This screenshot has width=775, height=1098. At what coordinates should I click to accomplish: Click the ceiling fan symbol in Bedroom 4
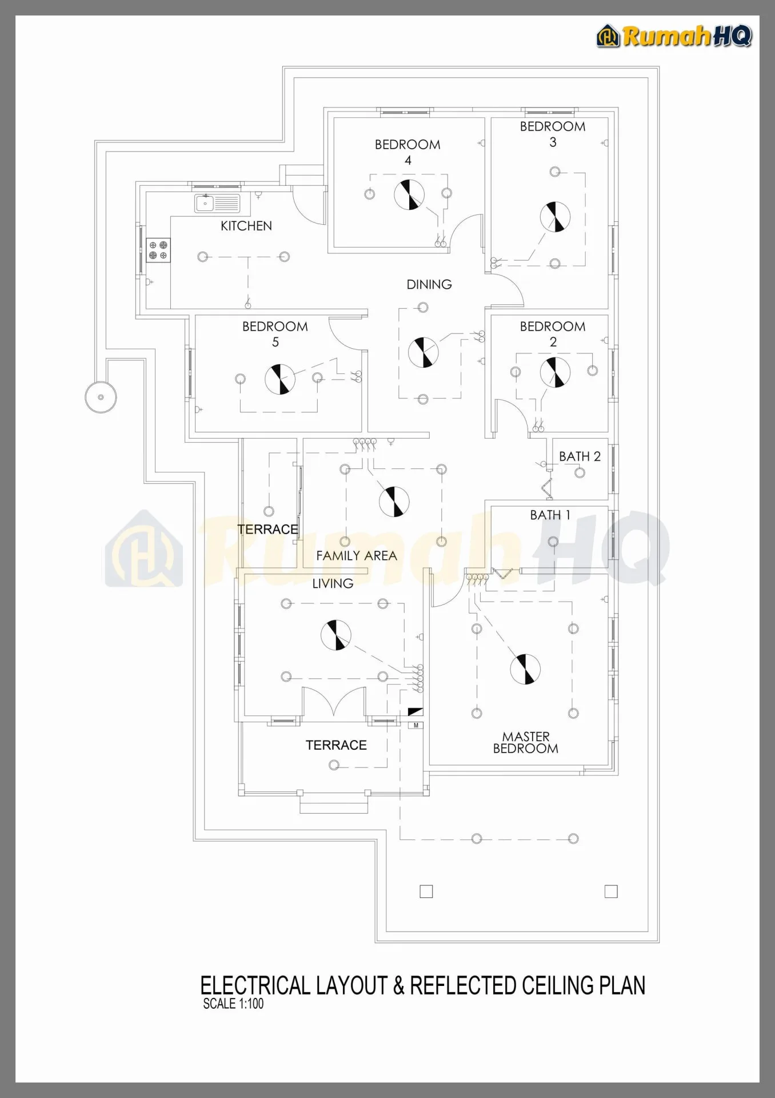(x=409, y=194)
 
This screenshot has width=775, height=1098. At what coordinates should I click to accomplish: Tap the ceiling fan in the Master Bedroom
(x=525, y=669)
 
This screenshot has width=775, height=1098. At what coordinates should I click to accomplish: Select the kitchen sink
(x=217, y=203)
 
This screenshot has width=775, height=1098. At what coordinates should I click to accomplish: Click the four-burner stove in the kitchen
(x=158, y=250)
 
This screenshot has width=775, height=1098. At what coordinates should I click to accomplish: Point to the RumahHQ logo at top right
(x=674, y=36)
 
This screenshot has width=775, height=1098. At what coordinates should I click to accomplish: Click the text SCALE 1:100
(x=233, y=1004)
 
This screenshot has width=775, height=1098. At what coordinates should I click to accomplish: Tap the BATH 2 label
(x=580, y=456)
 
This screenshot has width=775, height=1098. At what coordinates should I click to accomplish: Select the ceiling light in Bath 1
(x=553, y=542)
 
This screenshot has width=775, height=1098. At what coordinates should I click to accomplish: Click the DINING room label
(x=429, y=284)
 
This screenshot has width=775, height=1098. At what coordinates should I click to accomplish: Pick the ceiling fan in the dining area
(x=424, y=352)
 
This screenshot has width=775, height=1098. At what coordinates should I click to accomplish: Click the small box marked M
(x=416, y=725)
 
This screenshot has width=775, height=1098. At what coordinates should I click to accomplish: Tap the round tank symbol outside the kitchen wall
(x=101, y=397)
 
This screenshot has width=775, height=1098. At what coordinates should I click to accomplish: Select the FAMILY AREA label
(x=357, y=555)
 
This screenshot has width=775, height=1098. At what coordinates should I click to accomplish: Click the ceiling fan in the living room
(x=336, y=635)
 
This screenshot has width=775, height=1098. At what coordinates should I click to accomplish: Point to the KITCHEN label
(x=246, y=226)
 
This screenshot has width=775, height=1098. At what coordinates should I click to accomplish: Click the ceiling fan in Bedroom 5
(x=280, y=379)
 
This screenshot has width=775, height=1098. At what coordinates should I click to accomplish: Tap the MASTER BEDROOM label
(x=526, y=742)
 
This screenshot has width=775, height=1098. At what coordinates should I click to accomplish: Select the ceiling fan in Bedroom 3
(x=555, y=217)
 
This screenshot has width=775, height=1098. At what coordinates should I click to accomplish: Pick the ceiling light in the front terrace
(x=334, y=765)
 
